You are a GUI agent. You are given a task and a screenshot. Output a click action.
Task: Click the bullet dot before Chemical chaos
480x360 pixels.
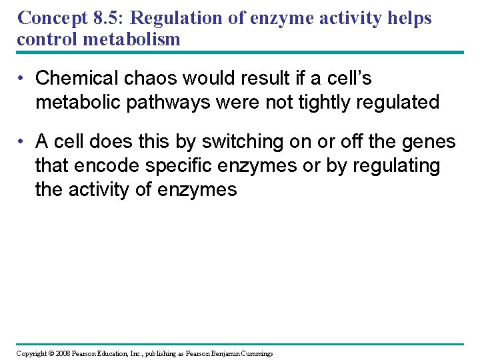coord(23,79)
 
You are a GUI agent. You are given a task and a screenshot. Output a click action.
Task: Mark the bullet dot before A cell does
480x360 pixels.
coord(23,142)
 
